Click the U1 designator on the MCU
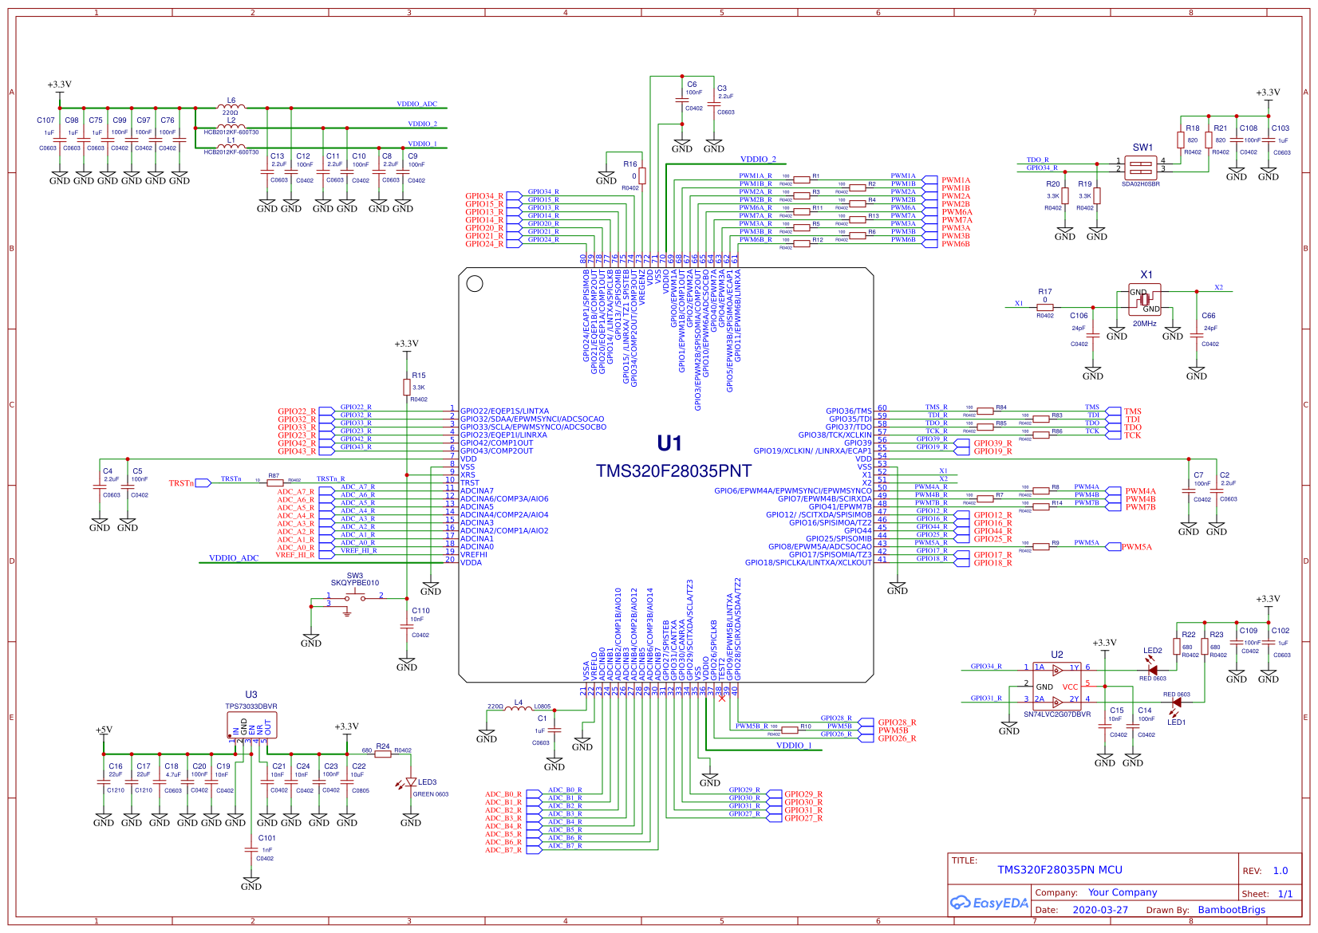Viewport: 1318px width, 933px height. tap(669, 443)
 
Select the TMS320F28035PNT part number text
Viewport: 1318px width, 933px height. tap(673, 471)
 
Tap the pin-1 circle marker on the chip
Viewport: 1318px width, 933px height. tap(475, 283)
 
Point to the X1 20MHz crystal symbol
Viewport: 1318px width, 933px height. tap(1144, 299)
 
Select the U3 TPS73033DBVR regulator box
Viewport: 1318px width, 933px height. tap(251, 726)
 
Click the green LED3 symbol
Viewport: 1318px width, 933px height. tap(411, 782)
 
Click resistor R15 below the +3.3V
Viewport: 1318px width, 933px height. tap(407, 387)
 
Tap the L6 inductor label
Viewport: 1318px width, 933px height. tap(231, 100)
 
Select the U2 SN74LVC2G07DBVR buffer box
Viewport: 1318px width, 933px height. tap(1057, 684)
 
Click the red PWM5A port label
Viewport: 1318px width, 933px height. tap(1137, 547)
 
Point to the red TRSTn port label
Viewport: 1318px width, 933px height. tap(181, 483)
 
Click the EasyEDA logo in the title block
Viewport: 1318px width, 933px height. tap(989, 903)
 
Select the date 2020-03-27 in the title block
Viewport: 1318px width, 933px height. tap(1100, 910)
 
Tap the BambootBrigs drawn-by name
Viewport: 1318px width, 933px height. tap(1231, 910)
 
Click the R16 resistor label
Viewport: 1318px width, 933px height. tap(630, 164)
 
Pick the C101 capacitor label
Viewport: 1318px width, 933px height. tap(266, 838)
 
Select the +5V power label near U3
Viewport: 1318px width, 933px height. tap(104, 730)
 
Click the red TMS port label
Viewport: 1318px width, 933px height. tap(1133, 411)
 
